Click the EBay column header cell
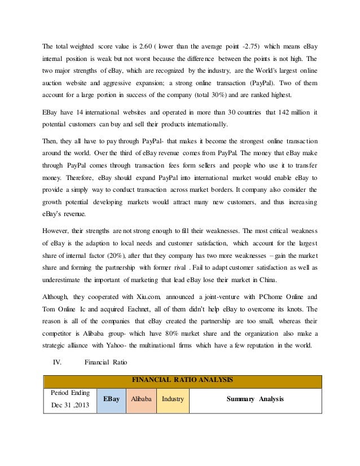click(x=111, y=399)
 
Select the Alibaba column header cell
click(x=141, y=399)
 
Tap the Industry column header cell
click(x=173, y=399)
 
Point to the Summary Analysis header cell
click(x=255, y=399)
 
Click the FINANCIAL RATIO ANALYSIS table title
click(x=182, y=380)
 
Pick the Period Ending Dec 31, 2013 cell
click(x=69, y=399)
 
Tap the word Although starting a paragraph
click(x=58, y=296)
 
